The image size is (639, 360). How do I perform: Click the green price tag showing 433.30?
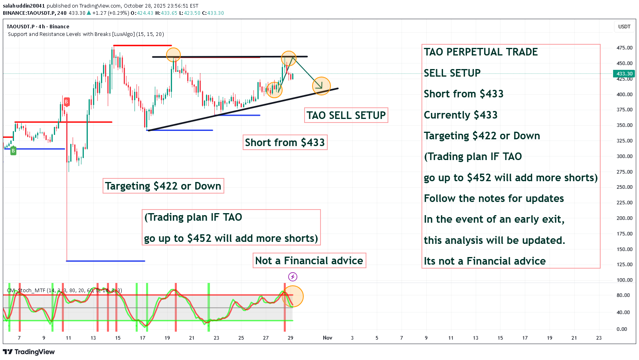tap(624, 74)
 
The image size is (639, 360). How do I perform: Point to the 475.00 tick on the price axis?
tap(624, 48)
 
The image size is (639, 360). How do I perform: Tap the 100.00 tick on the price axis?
tap(624, 280)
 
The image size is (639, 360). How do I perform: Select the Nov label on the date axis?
tap(327, 338)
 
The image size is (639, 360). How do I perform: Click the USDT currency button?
tap(624, 27)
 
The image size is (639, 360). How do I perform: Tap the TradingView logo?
tap(29, 352)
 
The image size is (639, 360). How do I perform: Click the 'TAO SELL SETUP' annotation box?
tap(346, 115)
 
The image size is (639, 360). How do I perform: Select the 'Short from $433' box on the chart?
tap(285, 142)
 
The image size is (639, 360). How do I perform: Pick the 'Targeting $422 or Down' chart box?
tap(163, 186)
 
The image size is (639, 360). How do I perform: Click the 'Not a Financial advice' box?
tap(309, 261)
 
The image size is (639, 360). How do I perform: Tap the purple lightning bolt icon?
tap(293, 277)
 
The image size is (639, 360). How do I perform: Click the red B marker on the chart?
tap(66, 102)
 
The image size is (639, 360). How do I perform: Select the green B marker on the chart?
tap(13, 151)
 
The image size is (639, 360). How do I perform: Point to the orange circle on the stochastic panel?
tap(293, 297)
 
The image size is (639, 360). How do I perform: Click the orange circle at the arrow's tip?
tap(321, 86)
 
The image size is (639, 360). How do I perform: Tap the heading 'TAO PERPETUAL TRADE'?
tap(481, 52)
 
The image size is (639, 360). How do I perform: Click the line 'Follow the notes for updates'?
tap(494, 199)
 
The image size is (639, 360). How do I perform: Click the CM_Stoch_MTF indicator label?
tap(64, 291)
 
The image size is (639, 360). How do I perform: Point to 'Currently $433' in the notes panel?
tap(461, 115)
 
